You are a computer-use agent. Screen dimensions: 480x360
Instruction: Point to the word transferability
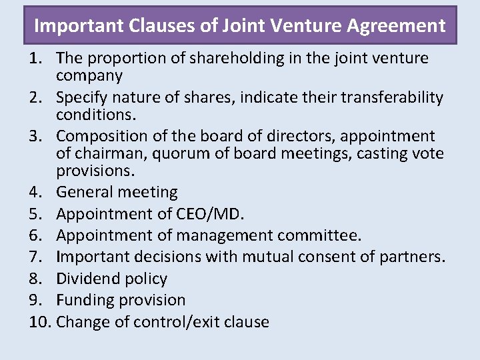click(x=385, y=97)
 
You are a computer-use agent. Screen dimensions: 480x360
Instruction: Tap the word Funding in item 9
click(x=83, y=300)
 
